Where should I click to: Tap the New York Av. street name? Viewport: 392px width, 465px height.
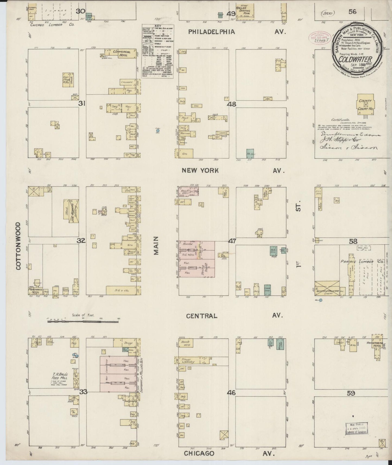point(233,171)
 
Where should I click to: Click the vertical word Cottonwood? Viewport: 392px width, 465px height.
point(18,246)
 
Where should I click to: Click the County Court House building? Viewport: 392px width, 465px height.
point(365,104)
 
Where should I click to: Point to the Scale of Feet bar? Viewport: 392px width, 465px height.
point(83,321)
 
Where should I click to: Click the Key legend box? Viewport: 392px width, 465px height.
point(158,52)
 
